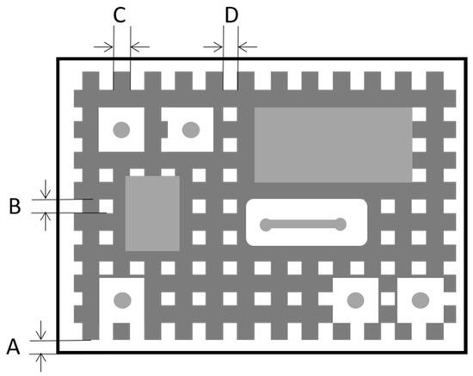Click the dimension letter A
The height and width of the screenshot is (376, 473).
pyautogui.click(x=13, y=347)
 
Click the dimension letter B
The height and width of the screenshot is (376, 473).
pyautogui.click(x=15, y=206)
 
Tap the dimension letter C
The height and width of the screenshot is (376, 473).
pyautogui.click(x=120, y=15)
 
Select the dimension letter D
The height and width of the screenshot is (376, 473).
pyautogui.click(x=231, y=15)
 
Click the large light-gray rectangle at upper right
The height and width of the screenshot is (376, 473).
pyautogui.click(x=333, y=145)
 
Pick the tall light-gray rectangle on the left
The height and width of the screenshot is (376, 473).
pyautogui.click(x=152, y=213)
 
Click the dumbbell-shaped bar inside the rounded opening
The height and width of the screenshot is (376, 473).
pyautogui.click(x=303, y=225)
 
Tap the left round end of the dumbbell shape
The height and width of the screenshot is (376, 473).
pyautogui.click(x=266, y=225)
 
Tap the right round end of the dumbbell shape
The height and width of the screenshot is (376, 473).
pyautogui.click(x=341, y=225)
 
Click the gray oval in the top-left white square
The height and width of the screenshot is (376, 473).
pyautogui.click(x=121, y=130)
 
